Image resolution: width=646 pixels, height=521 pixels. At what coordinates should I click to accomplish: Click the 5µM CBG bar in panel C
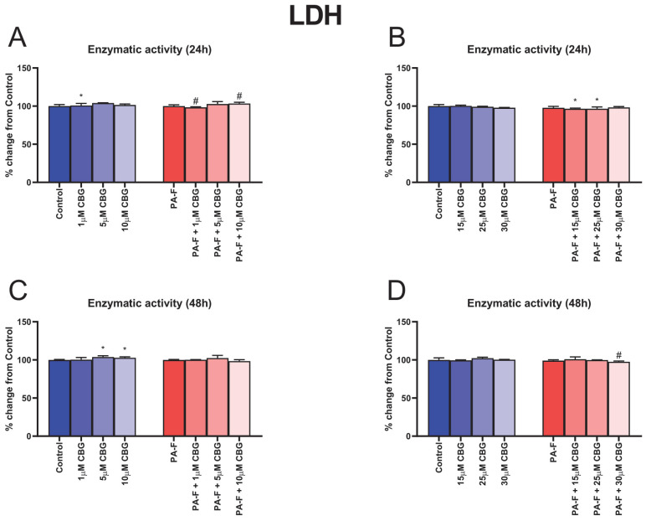coord(103,397)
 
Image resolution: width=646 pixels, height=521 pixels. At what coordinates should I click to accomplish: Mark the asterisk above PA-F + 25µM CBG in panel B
coord(597,100)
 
